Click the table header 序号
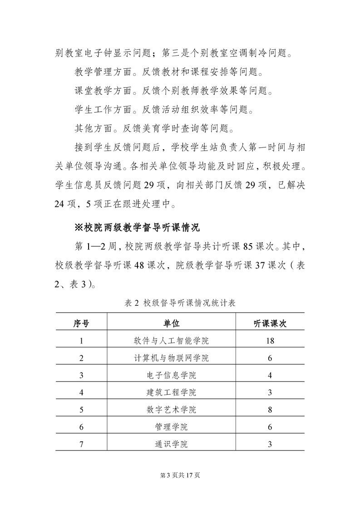click(81, 323)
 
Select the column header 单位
click(172, 323)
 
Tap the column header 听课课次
click(270, 323)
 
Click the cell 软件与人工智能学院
click(172, 341)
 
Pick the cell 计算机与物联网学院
click(172, 358)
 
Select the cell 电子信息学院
click(172, 375)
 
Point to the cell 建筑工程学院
click(172, 392)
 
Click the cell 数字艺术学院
click(172, 410)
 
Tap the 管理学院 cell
click(172, 427)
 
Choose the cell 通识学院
click(172, 444)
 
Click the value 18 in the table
click(270, 341)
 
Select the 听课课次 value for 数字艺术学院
click(270, 410)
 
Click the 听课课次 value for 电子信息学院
click(270, 375)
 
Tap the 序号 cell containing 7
click(81, 444)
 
